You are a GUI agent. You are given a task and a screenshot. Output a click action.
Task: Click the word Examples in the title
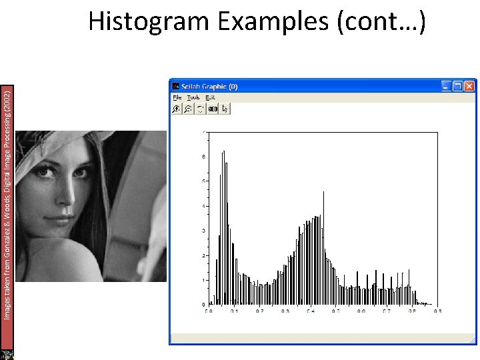click(273, 21)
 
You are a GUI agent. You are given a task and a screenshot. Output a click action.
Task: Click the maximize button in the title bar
click(457, 86)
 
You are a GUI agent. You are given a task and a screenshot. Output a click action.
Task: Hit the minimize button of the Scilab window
click(445, 86)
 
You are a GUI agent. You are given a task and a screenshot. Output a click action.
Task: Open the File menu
click(177, 97)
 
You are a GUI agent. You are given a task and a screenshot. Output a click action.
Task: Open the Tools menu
click(193, 97)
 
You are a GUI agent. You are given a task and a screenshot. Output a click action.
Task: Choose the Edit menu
click(210, 97)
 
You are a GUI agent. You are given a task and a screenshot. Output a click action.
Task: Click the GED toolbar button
click(213, 109)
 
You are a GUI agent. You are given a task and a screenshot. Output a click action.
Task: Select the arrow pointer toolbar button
click(225, 109)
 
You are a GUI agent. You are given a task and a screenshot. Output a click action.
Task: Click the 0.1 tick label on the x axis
click(233, 311)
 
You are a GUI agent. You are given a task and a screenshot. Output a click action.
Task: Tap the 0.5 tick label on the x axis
click(336, 311)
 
